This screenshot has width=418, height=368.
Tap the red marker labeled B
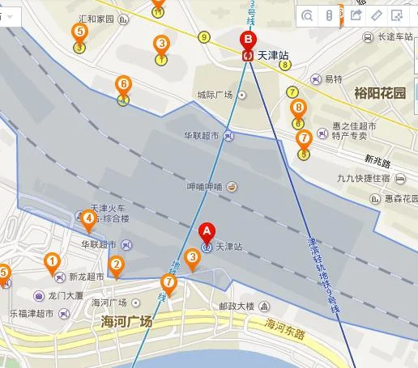[248, 40]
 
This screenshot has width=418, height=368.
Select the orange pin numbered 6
[123, 84]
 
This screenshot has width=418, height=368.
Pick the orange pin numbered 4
[88, 217]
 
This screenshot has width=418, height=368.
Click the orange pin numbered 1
[52, 261]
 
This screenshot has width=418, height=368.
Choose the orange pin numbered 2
[117, 264]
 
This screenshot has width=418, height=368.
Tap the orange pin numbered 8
[298, 108]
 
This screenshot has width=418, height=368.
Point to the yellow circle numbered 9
[203, 36]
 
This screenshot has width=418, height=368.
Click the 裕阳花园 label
[379, 92]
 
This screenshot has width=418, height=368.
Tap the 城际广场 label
[215, 95]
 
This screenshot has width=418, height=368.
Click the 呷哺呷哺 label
[204, 187]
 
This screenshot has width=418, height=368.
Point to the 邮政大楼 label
[237, 307]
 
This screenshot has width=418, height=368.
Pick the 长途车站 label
[395, 36]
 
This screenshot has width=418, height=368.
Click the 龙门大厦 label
[66, 296]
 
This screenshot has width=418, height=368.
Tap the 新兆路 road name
[377, 161]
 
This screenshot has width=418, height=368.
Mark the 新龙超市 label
[85, 276]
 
